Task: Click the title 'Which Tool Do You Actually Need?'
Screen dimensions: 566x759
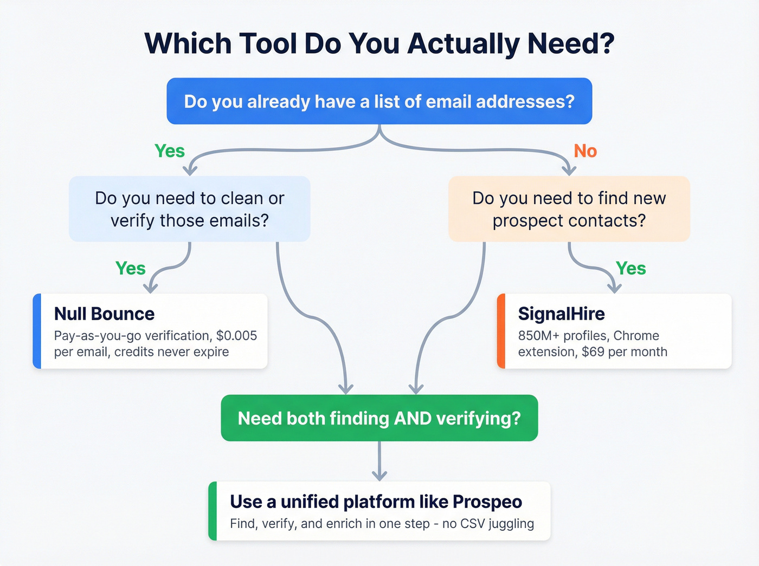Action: coord(379,43)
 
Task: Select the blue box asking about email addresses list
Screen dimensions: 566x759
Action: coord(379,101)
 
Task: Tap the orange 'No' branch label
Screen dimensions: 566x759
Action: coord(585,151)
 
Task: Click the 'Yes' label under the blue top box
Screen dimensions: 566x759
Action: coord(170,151)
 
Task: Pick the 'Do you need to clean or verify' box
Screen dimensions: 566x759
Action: coord(189,209)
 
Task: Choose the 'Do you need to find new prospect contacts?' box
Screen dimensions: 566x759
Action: coord(569,209)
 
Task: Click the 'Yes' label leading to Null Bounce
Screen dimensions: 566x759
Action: coord(131,268)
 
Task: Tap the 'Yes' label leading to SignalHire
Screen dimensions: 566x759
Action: coord(631,268)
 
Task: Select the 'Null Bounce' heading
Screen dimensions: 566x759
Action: coord(104,314)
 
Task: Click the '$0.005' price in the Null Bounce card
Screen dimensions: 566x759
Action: coord(236,336)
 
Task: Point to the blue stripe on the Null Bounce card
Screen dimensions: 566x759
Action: coord(37,331)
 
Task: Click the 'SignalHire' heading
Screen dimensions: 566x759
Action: coord(561,314)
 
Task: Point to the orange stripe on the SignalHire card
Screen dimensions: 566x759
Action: coord(501,331)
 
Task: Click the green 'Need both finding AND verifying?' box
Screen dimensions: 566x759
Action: coord(379,418)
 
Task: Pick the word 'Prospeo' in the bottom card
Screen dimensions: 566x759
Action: coord(487,502)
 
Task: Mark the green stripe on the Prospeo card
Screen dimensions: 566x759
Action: coord(213,511)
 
